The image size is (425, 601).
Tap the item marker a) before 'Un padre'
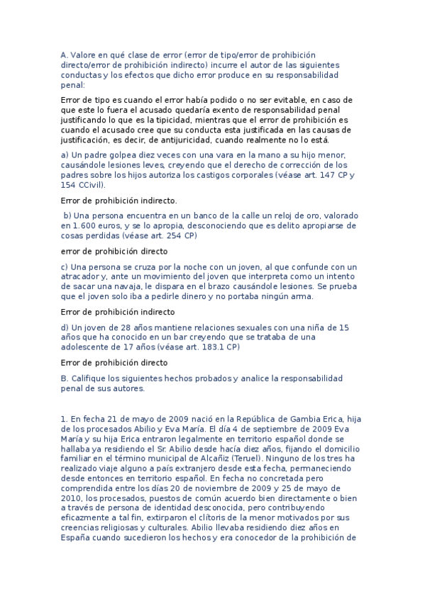pyautogui.click(x=65, y=155)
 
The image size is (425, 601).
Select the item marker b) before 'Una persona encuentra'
pyautogui.click(x=68, y=215)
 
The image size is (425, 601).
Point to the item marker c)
pyautogui.click(x=65, y=266)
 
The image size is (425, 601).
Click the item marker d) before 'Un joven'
pyautogui.click(x=65, y=327)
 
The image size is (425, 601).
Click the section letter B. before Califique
pyautogui.click(x=65, y=378)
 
